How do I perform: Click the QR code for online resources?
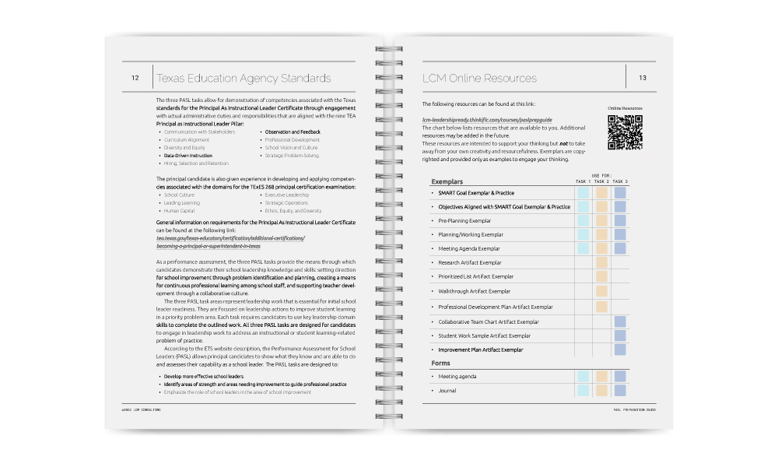click(x=625, y=132)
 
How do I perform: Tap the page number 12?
click(x=135, y=78)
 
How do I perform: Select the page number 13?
click(x=643, y=78)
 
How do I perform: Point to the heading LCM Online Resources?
click(x=479, y=78)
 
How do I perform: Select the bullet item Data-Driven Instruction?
click(x=187, y=156)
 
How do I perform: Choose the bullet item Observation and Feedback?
click(x=292, y=132)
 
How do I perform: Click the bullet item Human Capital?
click(x=180, y=211)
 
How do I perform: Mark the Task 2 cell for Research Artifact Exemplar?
click(x=601, y=263)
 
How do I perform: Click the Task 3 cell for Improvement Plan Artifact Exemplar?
click(x=620, y=350)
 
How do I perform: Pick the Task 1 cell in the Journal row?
click(x=583, y=391)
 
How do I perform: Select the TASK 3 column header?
click(x=620, y=181)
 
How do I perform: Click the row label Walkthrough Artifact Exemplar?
click(x=474, y=292)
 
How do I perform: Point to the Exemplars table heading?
click(x=448, y=181)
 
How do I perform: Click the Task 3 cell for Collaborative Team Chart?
click(x=620, y=321)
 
